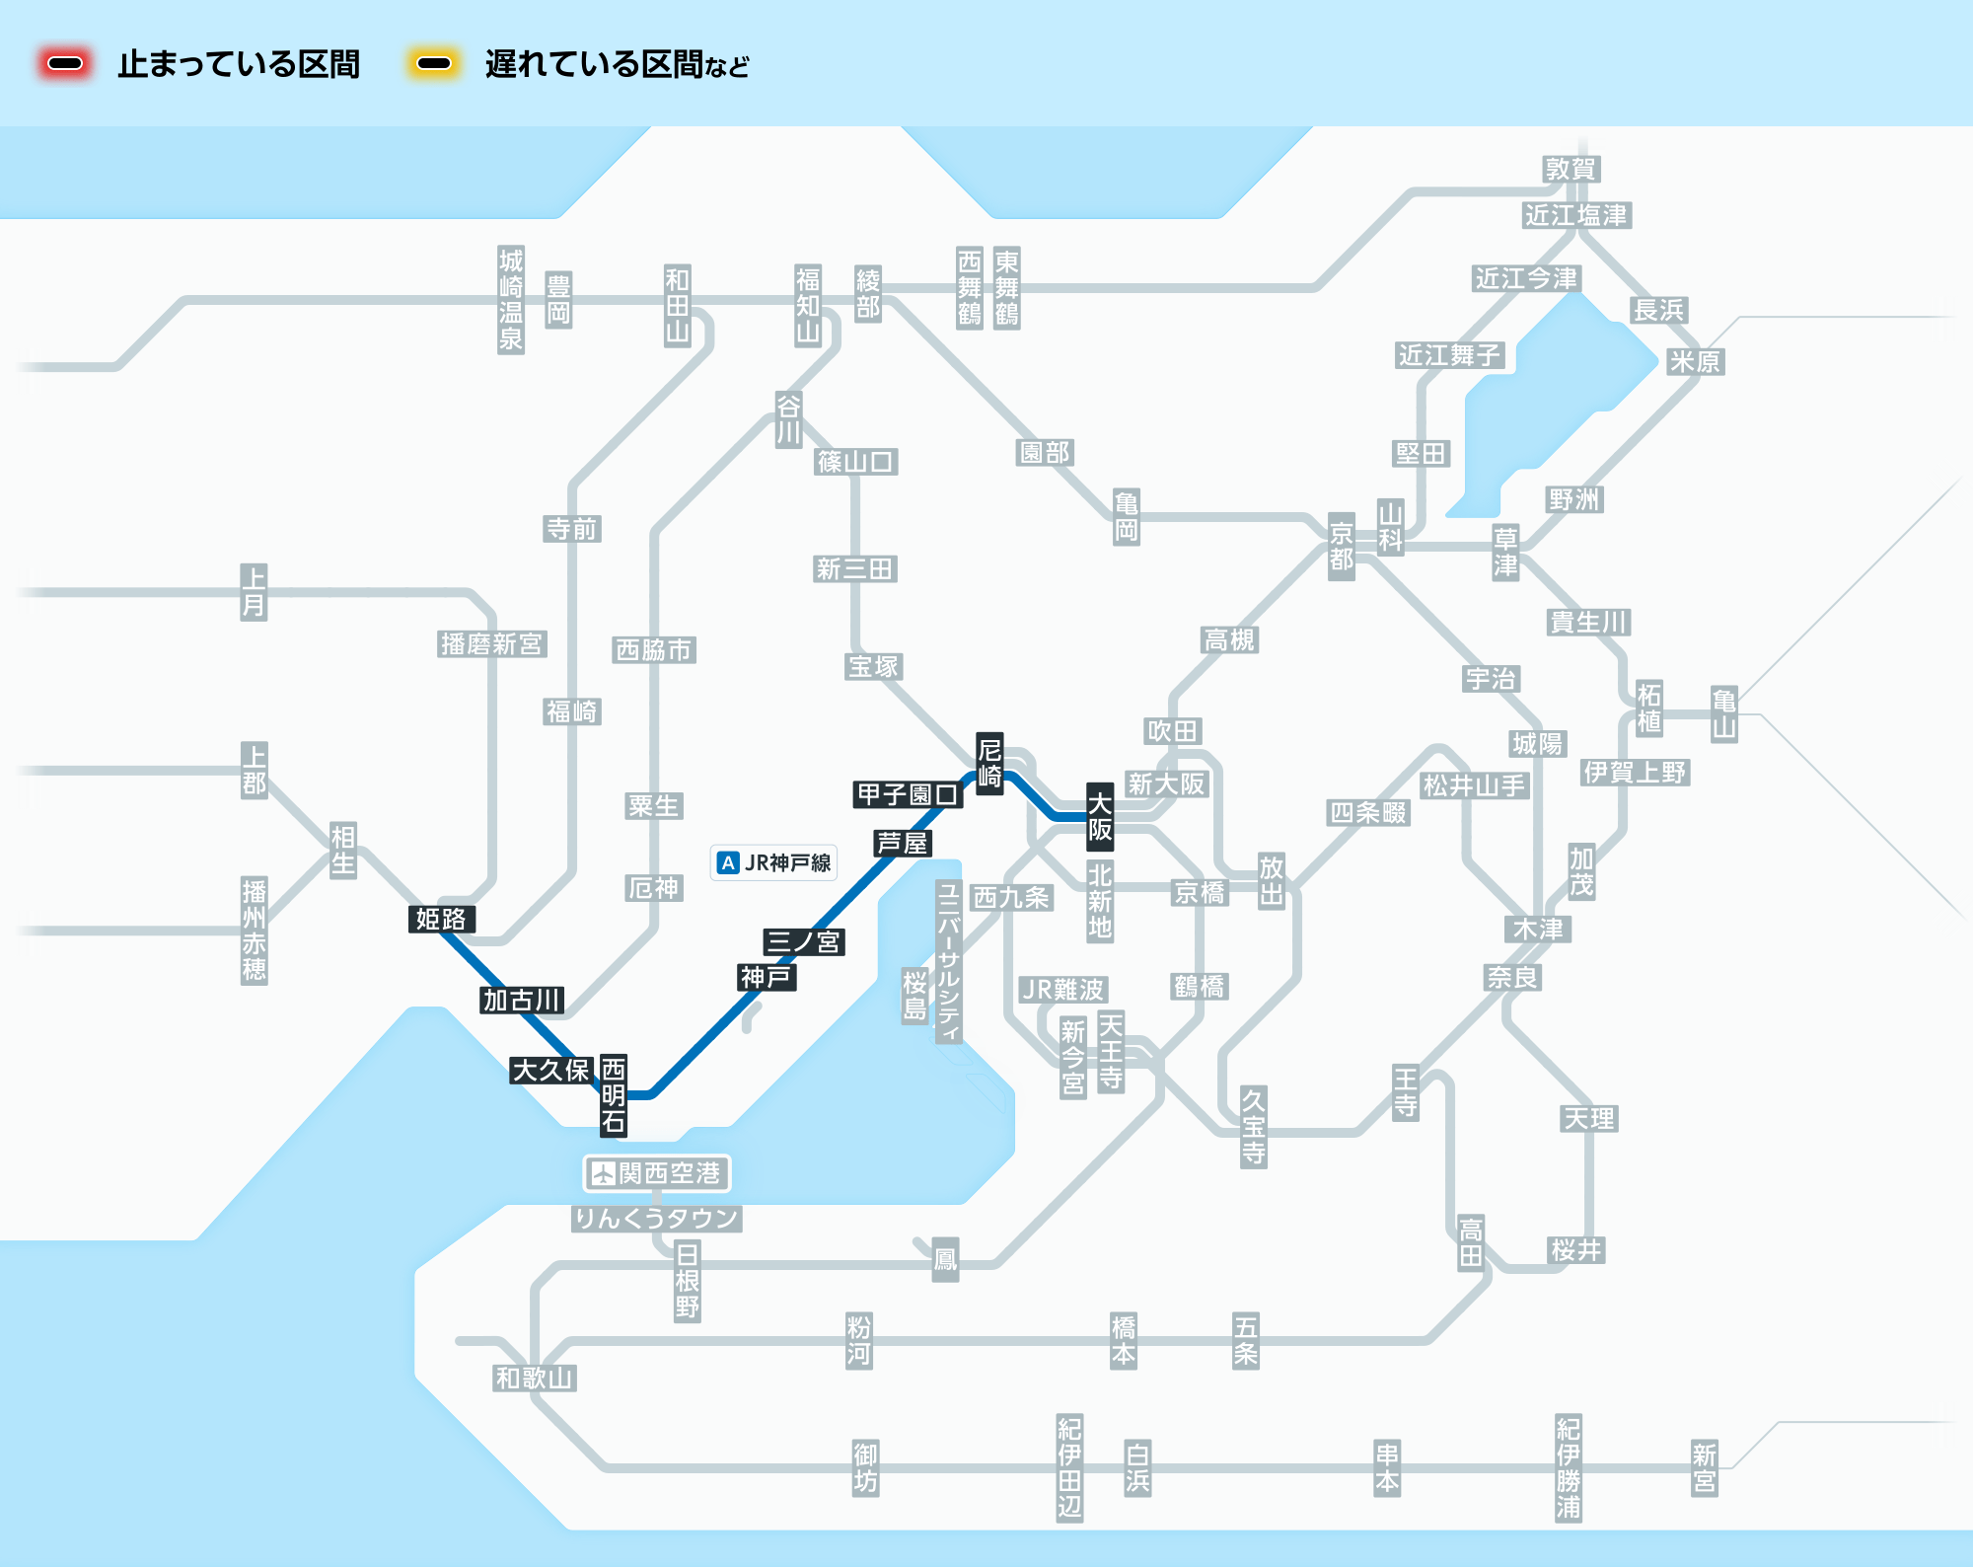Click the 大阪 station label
[x=1100, y=816]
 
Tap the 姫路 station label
[x=441, y=919]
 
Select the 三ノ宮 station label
[x=803, y=941]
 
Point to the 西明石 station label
[x=614, y=1094]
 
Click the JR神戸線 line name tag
[x=774, y=862]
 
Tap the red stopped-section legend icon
[x=65, y=64]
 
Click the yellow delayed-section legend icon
[x=434, y=64]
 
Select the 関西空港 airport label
[x=657, y=1173]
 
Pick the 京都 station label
[x=1341, y=546]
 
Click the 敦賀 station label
[x=1571, y=169]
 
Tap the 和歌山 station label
[x=534, y=1378]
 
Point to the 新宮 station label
[x=1704, y=1467]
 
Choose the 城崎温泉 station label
[x=510, y=299]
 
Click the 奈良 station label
[x=1512, y=977]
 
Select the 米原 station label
[x=1694, y=361]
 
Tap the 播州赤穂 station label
[x=254, y=930]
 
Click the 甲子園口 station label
[x=908, y=794]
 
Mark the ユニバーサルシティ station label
[x=948, y=961]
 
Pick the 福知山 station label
[x=808, y=305]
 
